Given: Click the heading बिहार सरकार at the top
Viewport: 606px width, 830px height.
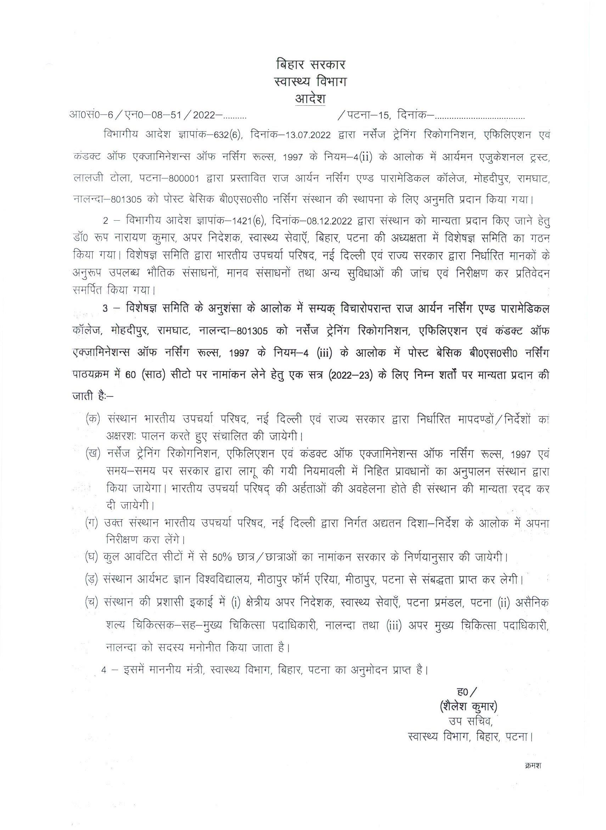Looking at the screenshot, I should point(310,65).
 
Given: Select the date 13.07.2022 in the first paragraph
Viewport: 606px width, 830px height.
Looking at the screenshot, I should point(303,135).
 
